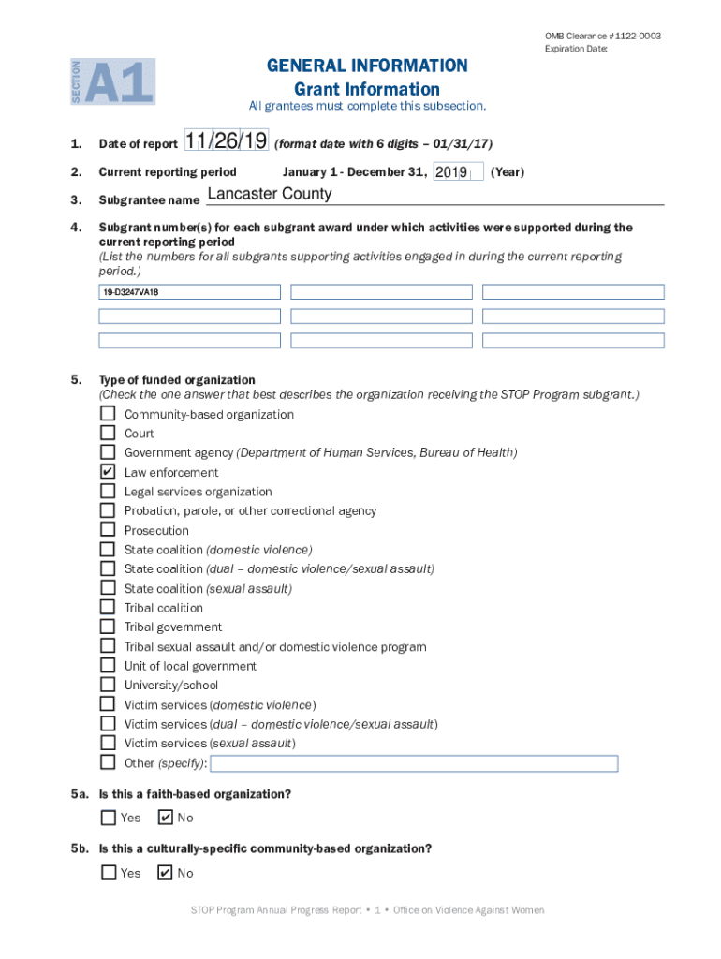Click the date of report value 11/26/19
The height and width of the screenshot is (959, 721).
coord(226,141)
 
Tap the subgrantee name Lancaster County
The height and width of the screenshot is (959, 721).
coord(269,194)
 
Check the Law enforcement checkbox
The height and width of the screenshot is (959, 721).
coord(108,473)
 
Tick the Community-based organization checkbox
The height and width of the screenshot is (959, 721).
coord(108,414)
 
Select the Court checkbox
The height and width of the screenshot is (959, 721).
coord(108,434)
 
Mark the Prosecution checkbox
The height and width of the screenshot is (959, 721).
coord(108,530)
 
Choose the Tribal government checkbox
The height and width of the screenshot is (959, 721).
coord(108,627)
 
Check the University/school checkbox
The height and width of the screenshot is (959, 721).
coord(108,686)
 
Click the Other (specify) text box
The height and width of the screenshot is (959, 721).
coord(415,763)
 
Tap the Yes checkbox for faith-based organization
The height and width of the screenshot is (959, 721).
coord(109,818)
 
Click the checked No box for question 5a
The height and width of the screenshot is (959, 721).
coord(166,818)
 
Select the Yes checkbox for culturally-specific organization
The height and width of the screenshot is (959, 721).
coord(109,873)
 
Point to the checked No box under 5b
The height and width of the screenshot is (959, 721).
coord(166,873)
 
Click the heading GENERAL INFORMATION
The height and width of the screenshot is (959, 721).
coord(366,66)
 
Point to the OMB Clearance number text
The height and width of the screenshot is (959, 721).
coord(602,36)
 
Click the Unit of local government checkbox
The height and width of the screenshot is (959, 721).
coord(108,666)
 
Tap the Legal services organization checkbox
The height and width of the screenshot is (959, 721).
coord(108,492)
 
